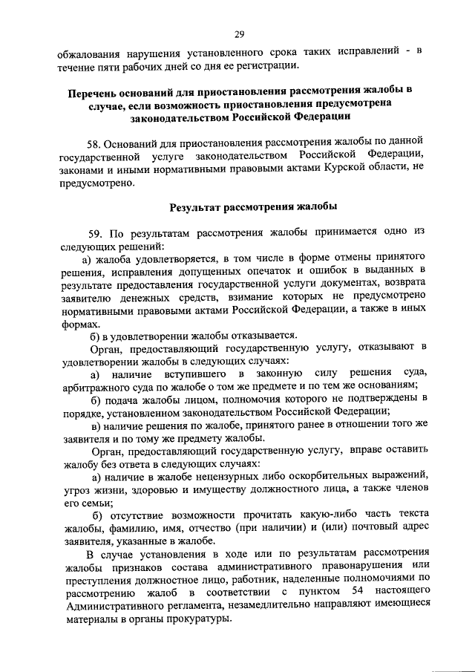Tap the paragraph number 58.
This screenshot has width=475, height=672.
[x=95, y=140]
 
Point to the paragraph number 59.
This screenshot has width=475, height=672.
[x=95, y=232]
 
